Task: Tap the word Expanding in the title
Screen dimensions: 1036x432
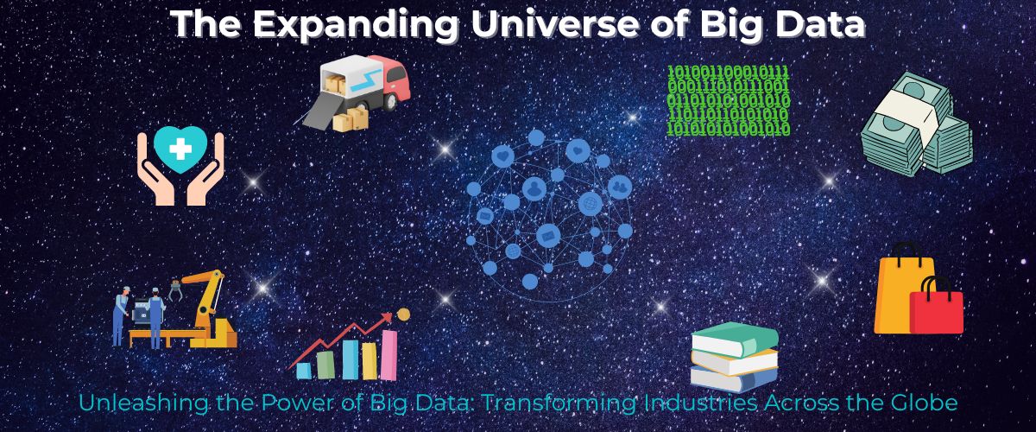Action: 356,25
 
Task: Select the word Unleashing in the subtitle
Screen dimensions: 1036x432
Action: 144,403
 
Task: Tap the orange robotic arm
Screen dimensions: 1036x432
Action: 205,301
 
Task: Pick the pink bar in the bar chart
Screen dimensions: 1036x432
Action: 389,355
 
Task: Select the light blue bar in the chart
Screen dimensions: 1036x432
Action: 303,371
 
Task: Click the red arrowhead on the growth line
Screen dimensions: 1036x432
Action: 386,318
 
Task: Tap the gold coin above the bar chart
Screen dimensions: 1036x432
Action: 404,314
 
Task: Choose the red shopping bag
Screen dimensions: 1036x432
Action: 937,310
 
